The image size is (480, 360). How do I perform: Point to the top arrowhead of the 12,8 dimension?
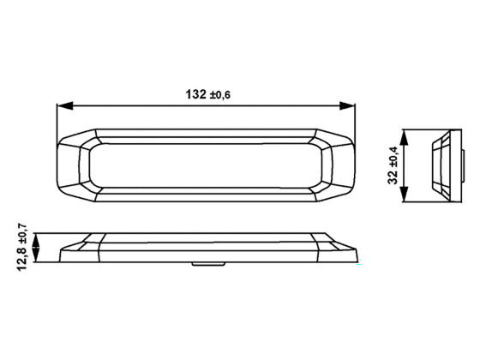[34, 237]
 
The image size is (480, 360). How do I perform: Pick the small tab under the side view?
[203, 265]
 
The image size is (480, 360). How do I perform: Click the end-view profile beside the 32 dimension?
[442, 165]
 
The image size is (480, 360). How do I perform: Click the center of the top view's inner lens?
[206, 165]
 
